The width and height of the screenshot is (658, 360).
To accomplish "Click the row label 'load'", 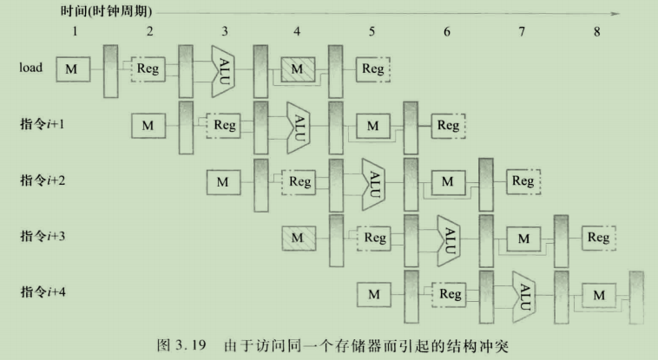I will pos(30,68).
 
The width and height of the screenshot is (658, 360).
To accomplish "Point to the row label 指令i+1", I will pos(43,124).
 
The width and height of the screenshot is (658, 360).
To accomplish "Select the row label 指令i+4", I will pos(43,292).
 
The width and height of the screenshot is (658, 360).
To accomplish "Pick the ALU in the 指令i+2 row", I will pos(373,181).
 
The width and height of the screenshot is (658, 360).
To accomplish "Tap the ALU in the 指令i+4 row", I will pos(523,294).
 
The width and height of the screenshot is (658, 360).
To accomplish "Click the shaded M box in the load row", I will pos(298,69).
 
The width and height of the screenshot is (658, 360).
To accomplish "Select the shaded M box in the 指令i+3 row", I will pos(298,237).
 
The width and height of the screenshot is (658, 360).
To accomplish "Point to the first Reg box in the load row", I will pos(148,69).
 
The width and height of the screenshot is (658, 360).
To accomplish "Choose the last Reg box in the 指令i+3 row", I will pos(598,237).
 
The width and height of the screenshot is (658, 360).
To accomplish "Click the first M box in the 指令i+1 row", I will pos(148,125).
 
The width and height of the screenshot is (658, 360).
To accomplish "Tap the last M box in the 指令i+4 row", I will pos(598,294).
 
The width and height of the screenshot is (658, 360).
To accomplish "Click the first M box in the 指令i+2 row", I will pos(223,181).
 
